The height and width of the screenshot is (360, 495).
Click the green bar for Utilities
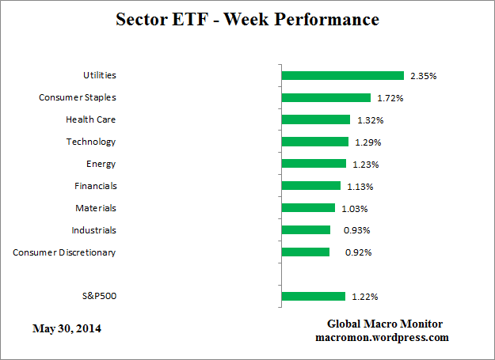pos(343,76)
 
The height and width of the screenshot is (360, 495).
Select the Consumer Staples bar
pos(326,98)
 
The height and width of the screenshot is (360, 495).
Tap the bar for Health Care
pos(316,120)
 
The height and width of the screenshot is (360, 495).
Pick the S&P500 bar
pos(314,297)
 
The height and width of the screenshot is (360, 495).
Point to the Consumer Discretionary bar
pos(306,252)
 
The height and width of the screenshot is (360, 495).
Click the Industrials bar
pos(306,230)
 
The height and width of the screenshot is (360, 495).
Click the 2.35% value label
pos(424,76)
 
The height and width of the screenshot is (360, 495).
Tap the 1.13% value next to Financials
pos(360,187)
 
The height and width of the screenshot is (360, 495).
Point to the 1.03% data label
pos(355,209)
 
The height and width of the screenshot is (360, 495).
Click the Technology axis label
pos(91,142)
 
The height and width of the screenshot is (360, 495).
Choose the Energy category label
pos(101,164)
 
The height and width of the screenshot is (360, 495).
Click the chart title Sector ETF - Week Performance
pos(246,19)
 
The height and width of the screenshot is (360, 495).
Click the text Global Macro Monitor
pos(385,324)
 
